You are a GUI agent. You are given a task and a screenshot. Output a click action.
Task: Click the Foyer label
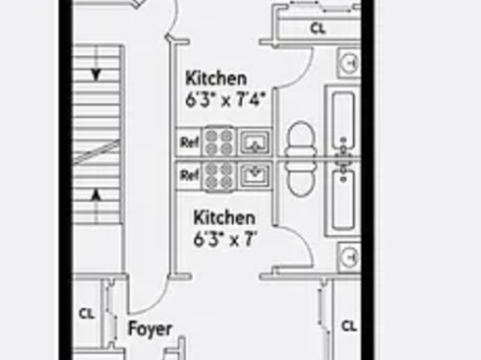pos(150,329)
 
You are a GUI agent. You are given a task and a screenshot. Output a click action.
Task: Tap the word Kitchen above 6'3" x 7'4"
pos(216,79)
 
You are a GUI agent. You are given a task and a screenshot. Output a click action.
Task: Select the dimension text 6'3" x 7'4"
pos(229,103)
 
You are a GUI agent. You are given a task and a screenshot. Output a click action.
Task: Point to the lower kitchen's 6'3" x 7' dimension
pos(224,239)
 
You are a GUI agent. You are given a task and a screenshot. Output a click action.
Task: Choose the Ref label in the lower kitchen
pos(189,174)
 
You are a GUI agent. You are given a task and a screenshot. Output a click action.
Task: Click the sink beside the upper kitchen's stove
pos(253,143)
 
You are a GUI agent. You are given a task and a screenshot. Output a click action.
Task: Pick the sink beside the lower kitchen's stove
pos(253,174)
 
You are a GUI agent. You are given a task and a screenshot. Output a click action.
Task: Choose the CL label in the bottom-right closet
pos(348,326)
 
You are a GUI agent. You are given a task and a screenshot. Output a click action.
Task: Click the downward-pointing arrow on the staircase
pos(96,74)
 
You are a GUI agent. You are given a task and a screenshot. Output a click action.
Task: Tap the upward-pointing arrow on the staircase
pos(96,194)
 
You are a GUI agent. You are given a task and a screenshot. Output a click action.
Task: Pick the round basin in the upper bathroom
pos(350,62)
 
